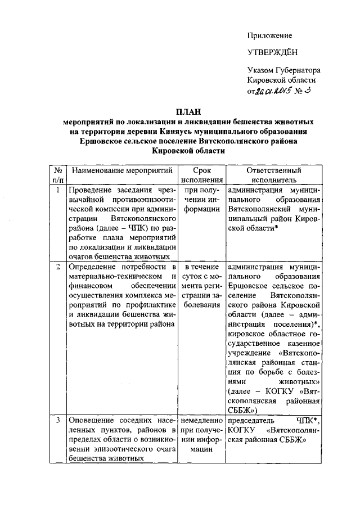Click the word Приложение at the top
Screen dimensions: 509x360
tap(269, 36)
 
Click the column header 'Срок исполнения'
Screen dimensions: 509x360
tap(201, 175)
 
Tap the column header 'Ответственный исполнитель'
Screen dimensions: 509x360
tap(273, 175)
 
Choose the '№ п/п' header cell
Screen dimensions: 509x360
tap(57, 175)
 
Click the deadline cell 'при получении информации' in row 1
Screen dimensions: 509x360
tap(201, 199)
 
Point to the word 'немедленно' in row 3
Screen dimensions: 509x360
tap(201, 420)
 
